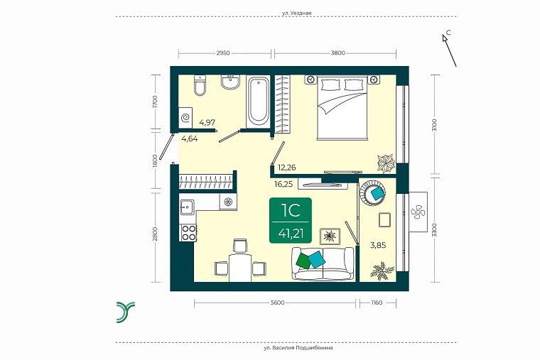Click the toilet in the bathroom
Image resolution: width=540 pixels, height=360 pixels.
200,85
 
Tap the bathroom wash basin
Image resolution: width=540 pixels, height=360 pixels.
230,82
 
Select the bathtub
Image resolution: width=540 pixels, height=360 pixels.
258,102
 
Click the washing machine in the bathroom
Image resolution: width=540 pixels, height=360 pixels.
185,117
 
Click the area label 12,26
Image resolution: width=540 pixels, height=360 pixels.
287,168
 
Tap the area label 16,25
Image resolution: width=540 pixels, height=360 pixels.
283,184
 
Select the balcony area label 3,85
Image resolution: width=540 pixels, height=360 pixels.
378,246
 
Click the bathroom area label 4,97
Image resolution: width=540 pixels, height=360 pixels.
207,122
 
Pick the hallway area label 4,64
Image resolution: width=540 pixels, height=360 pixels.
190,139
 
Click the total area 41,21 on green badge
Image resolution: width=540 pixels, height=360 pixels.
291,234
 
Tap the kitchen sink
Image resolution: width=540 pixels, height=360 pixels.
187,207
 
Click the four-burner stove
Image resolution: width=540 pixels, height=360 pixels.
189,233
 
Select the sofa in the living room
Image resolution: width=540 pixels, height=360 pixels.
323,263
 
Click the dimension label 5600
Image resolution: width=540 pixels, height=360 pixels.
278,303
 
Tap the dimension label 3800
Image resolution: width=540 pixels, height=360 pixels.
337,53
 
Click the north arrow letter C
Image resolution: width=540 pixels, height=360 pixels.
448,33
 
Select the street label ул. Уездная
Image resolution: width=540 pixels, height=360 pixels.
296,13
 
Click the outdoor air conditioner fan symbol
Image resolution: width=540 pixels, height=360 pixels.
418,212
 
